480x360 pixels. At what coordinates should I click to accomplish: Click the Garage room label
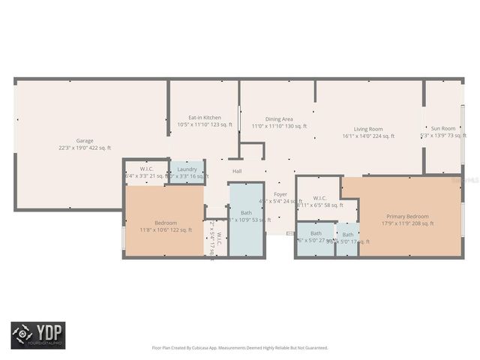[x=84, y=140]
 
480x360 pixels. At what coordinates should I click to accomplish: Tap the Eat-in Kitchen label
[x=204, y=118]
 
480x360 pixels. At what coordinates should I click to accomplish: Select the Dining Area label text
[x=278, y=118]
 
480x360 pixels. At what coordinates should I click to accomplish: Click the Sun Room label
[x=442, y=128]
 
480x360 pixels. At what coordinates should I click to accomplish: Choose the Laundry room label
[x=187, y=169]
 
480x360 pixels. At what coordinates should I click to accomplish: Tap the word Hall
[x=237, y=171]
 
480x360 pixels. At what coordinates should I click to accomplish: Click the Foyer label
[x=280, y=194]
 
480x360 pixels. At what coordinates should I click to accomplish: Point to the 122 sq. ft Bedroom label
[x=165, y=223]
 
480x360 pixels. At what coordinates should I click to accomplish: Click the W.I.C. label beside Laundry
[x=146, y=169]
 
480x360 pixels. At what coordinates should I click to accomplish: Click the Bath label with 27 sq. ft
[x=316, y=233]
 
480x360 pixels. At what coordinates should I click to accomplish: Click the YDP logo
[x=37, y=335]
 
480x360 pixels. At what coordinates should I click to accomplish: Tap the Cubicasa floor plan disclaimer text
[x=240, y=347]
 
